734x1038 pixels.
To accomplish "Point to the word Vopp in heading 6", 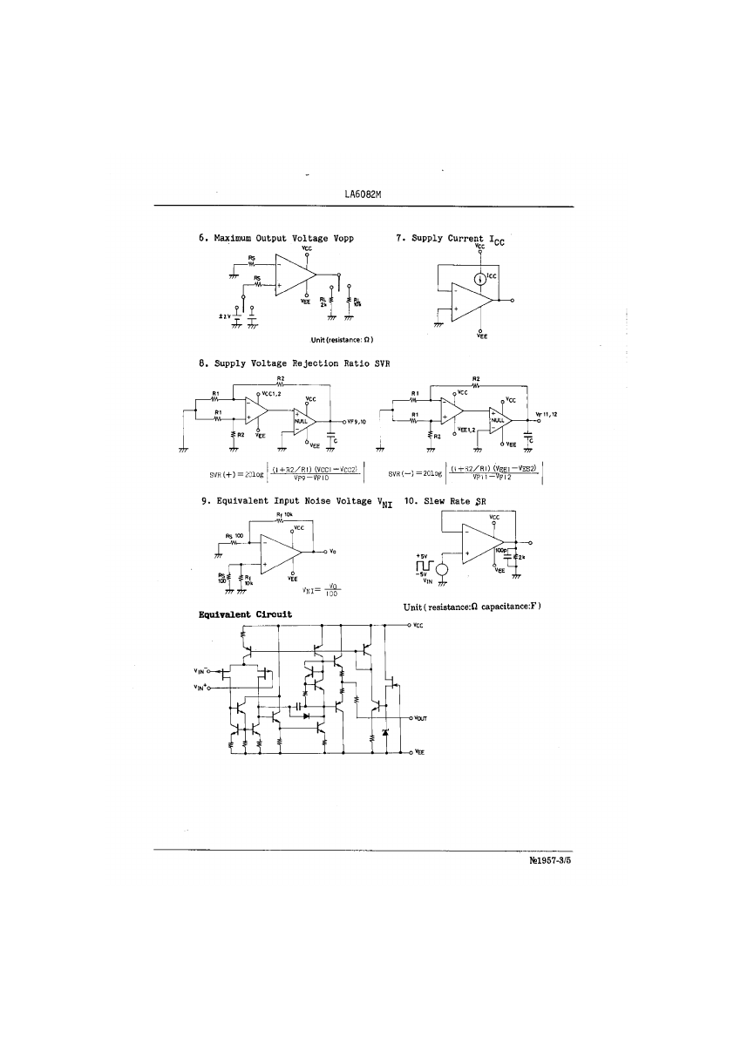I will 339,238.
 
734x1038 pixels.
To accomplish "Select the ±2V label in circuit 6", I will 225,316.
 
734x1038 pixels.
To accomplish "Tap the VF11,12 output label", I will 547,415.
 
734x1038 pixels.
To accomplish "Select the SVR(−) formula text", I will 466,473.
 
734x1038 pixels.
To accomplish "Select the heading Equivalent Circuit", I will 245,614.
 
